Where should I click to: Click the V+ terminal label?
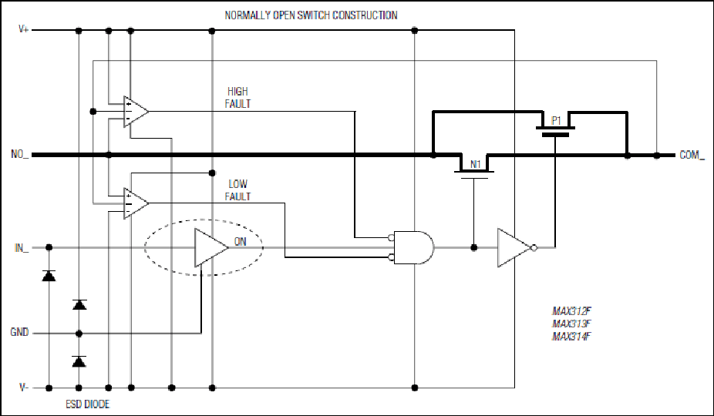point(23,29)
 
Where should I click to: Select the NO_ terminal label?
point(19,154)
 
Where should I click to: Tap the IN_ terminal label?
point(22,248)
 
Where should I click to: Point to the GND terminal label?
point(19,332)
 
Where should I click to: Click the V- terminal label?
point(24,387)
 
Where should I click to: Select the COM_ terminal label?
point(692,155)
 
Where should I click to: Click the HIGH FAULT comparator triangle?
point(136,112)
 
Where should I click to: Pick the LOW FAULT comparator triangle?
point(136,203)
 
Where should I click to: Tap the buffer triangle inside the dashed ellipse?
point(210,247)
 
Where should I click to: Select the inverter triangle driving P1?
point(517,247)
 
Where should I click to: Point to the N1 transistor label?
point(476,164)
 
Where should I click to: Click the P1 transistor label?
point(556,121)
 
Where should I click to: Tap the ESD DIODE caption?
point(87,404)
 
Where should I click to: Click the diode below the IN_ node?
point(49,275)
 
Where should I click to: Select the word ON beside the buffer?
point(240,242)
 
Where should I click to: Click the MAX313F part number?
point(571,324)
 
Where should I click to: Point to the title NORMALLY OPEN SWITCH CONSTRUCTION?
point(311,15)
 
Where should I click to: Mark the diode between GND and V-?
point(79,361)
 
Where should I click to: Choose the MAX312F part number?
point(571,311)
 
